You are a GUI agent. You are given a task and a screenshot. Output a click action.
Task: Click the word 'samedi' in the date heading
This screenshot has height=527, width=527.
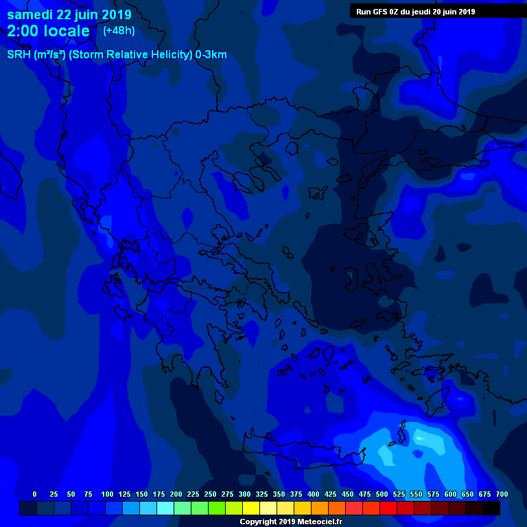click(x=30, y=14)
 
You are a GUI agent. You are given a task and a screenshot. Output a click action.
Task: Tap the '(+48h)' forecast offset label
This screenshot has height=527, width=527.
click(x=119, y=31)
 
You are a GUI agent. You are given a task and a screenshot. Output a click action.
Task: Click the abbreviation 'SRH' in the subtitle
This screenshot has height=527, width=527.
click(x=19, y=55)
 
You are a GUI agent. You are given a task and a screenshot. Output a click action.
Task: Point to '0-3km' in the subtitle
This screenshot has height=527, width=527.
click(x=211, y=55)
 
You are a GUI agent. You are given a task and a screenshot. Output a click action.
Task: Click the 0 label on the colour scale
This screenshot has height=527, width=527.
click(x=34, y=494)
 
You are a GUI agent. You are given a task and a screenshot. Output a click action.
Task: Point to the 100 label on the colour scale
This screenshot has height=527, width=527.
click(x=107, y=494)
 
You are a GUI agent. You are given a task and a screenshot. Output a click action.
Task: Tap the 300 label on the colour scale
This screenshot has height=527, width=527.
click(x=244, y=494)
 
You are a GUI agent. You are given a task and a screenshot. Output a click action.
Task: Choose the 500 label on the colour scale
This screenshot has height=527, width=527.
click(x=382, y=494)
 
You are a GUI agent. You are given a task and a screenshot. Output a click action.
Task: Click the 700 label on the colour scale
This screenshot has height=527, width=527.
click(x=502, y=494)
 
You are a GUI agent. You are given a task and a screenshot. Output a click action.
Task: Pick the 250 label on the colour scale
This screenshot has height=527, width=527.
click(x=210, y=494)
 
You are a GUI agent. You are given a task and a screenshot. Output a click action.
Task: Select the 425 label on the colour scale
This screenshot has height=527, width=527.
click(x=330, y=494)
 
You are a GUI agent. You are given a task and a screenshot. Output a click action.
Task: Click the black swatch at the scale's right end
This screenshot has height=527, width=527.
click(x=491, y=508)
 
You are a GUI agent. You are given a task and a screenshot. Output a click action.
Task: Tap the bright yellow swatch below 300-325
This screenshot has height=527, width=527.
click(x=251, y=508)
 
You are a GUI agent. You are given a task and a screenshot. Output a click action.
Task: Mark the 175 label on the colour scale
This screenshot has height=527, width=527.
click(x=159, y=494)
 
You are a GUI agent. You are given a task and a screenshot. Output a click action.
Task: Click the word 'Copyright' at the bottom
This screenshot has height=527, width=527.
click(x=257, y=522)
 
